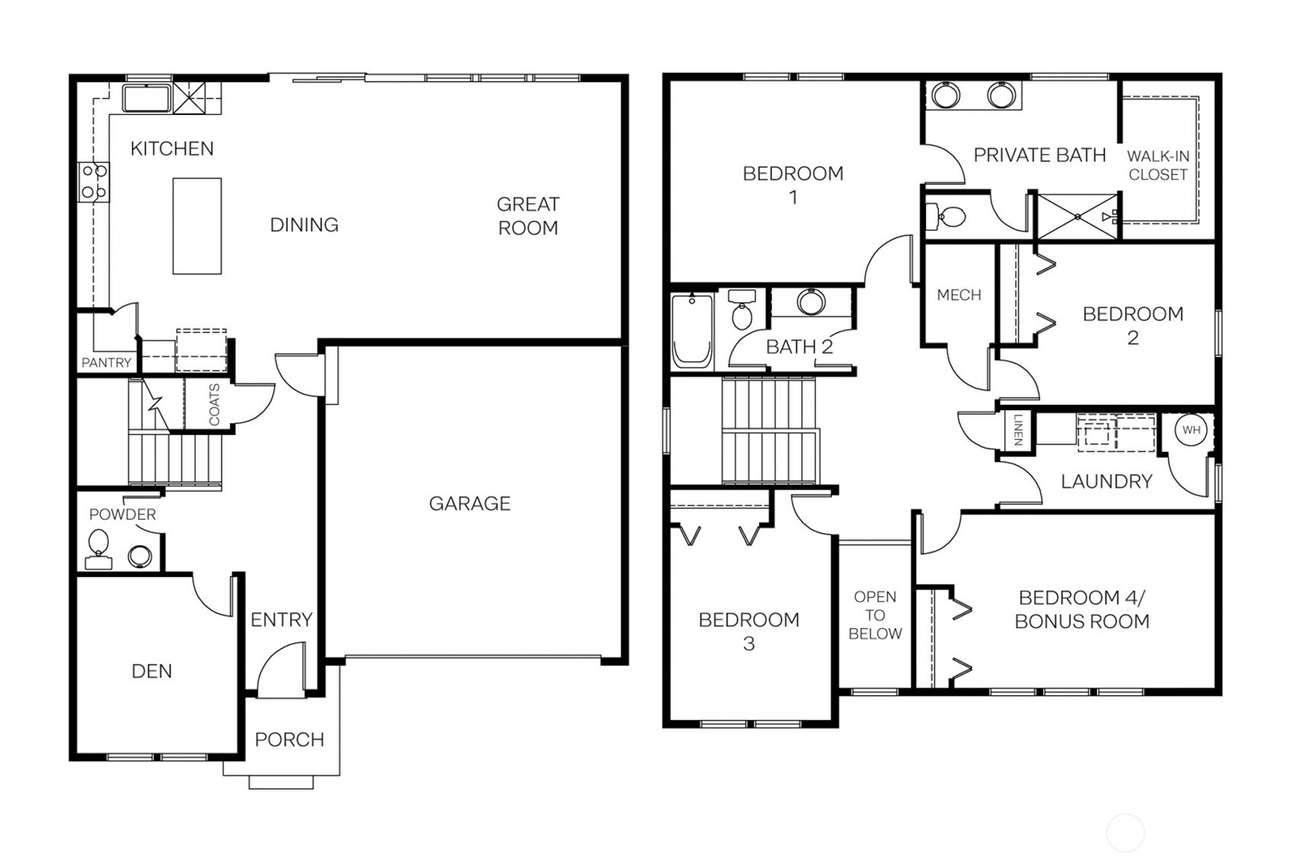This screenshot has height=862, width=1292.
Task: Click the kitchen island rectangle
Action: pyautogui.click(x=197, y=226)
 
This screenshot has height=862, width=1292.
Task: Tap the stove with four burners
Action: pyautogui.click(x=95, y=181)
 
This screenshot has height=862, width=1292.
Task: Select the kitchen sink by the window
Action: pyautogui.click(x=146, y=98)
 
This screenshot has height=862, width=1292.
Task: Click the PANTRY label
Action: pyautogui.click(x=106, y=363)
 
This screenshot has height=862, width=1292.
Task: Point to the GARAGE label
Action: pyautogui.click(x=469, y=503)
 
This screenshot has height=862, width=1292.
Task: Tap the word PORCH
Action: pyautogui.click(x=289, y=739)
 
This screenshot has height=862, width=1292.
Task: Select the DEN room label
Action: pyautogui.click(x=152, y=671)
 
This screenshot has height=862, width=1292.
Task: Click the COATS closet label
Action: pyautogui.click(x=214, y=405)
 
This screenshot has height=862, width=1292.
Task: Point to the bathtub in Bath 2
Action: pyautogui.click(x=692, y=332)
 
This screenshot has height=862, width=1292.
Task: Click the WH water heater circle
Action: pyautogui.click(x=1191, y=430)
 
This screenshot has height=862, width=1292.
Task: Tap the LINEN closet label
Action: pyautogui.click(x=1018, y=429)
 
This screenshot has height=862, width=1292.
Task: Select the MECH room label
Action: pyautogui.click(x=958, y=295)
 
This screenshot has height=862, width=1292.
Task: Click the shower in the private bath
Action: pyautogui.click(x=1076, y=217)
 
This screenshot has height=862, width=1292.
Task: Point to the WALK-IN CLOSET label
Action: pyautogui.click(x=1157, y=165)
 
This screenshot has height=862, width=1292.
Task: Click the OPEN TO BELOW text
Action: pyautogui.click(x=874, y=615)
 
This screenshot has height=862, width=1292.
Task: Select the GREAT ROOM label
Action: pyautogui.click(x=527, y=216)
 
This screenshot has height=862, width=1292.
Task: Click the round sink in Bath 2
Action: pyautogui.click(x=811, y=302)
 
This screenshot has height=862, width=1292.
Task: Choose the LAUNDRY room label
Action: pyautogui.click(x=1106, y=481)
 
